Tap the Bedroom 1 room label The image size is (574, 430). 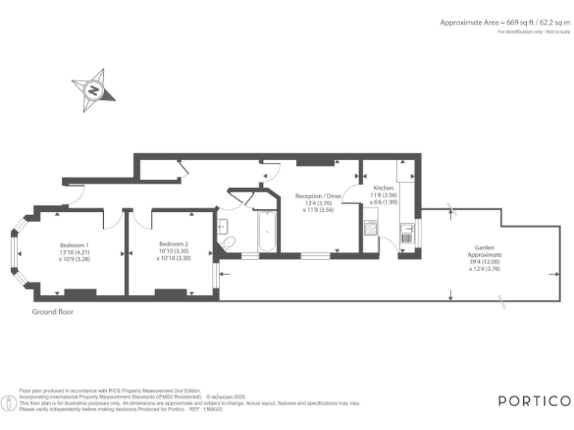[x=75, y=245]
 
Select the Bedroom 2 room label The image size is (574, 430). [x=173, y=243]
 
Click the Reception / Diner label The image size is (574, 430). [x=318, y=196]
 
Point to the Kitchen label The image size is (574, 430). [x=383, y=188]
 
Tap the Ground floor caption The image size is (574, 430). [x=53, y=312]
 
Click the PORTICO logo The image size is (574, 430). [x=534, y=401]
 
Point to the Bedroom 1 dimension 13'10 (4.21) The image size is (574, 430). [x=75, y=252]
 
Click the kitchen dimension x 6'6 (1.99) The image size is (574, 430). [x=383, y=202]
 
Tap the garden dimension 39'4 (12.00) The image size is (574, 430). [x=484, y=262]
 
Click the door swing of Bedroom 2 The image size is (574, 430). [x=140, y=217]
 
